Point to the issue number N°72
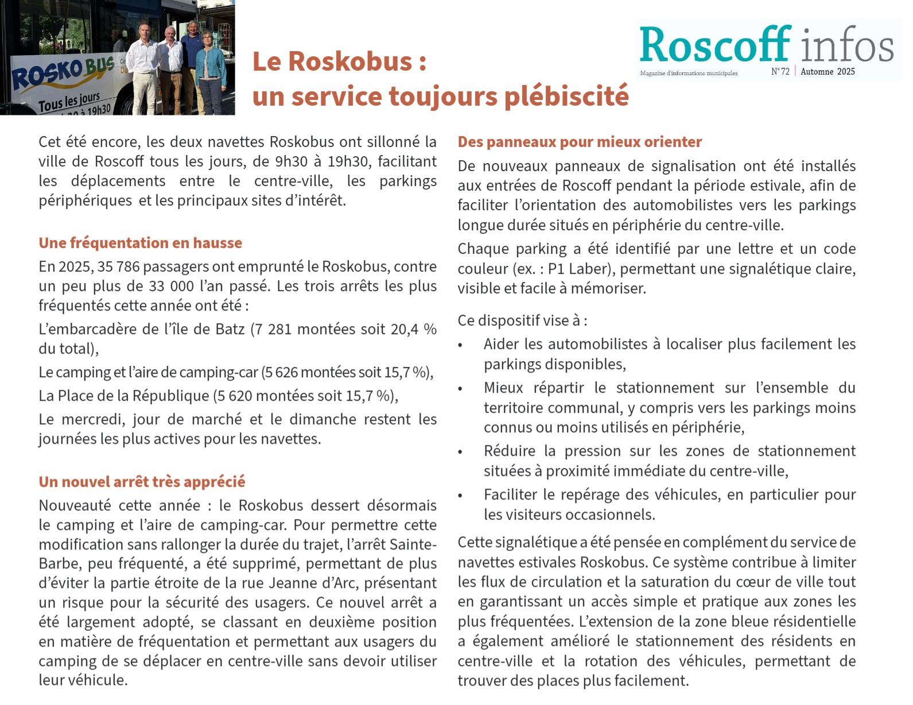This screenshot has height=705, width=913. point(780,72)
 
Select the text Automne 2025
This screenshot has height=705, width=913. point(827,72)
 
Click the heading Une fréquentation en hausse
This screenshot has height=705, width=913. point(140,243)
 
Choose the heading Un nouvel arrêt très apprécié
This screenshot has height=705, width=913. point(142,482)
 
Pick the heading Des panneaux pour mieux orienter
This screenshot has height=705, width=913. point(580,142)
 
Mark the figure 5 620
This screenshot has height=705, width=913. point(234,396)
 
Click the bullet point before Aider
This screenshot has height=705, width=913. point(460,346)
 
